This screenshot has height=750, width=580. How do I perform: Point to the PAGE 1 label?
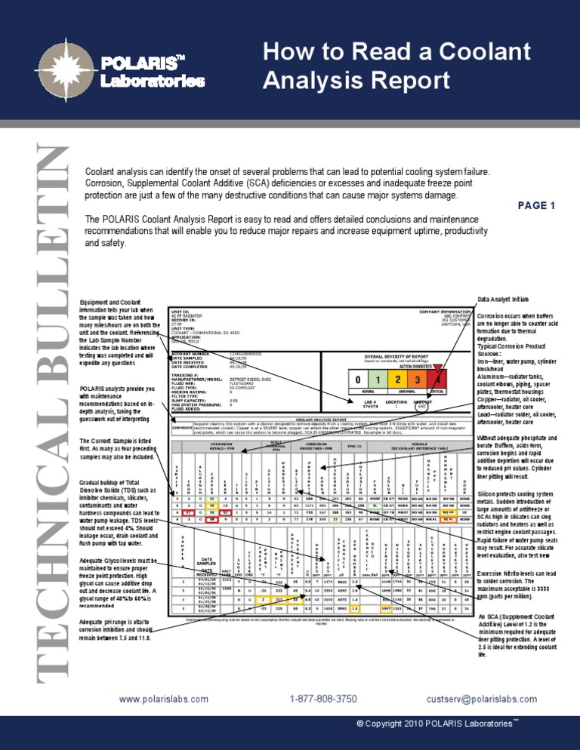[x=538, y=205]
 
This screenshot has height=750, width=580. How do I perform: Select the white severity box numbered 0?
[x=353, y=382]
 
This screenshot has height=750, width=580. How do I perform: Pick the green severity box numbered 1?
[x=378, y=382]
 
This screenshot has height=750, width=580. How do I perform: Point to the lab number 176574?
[x=368, y=407]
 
